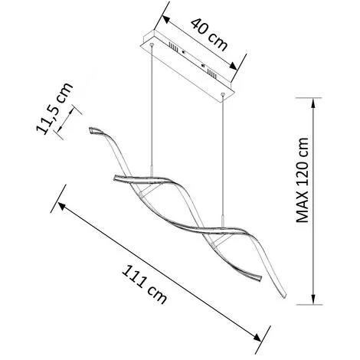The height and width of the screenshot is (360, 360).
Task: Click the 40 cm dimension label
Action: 209,34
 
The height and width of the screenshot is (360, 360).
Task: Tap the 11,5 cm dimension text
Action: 54,108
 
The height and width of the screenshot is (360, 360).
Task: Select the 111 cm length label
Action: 144,285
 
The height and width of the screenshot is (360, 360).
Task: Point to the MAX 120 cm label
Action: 303,180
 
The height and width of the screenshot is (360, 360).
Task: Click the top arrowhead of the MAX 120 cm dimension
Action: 313,103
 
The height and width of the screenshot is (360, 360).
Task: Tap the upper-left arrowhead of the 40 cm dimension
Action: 166,19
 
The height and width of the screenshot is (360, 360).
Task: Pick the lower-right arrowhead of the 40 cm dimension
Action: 233,66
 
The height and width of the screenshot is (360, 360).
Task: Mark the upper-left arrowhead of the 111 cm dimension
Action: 62,206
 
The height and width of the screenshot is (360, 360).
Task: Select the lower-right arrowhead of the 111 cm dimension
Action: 257,337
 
